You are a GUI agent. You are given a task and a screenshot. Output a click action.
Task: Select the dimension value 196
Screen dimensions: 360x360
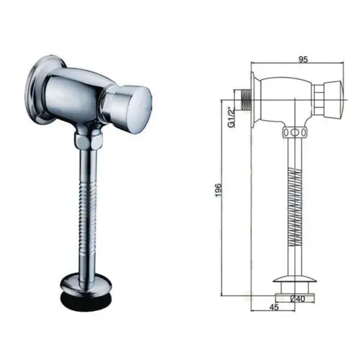(x=218, y=189)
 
